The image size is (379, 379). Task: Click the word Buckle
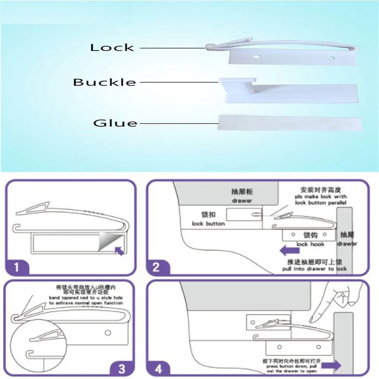click(105, 82)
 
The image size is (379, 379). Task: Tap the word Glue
click(115, 123)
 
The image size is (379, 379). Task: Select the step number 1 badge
click(16, 267)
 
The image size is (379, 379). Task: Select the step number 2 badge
click(156, 267)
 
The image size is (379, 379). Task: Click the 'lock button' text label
click(208, 224)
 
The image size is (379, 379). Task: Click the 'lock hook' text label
click(310, 244)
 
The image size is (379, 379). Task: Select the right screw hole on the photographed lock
click(331, 58)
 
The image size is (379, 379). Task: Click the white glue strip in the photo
click(290, 123)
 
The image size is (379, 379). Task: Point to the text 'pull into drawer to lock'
click(314, 269)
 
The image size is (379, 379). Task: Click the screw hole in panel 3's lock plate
click(108, 333)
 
